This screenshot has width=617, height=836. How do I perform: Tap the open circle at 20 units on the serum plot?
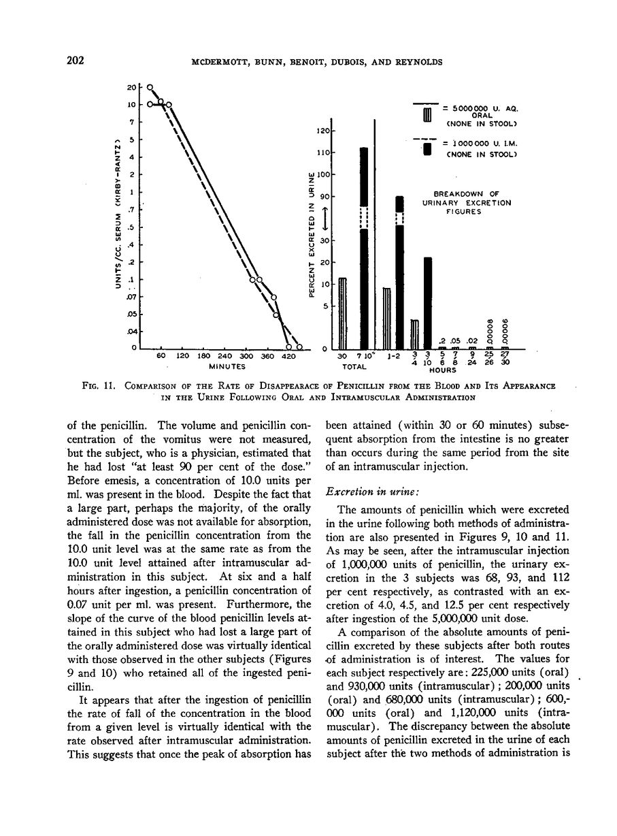[150, 88]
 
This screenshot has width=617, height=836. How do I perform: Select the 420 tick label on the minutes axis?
[289, 356]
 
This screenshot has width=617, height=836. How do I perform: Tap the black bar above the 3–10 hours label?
[428, 302]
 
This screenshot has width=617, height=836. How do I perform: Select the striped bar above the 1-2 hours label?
[387, 317]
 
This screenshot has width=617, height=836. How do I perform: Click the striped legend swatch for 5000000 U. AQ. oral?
[427, 116]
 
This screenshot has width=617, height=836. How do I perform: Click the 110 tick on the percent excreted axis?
[324, 152]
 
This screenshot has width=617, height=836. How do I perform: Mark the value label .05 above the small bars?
[454, 341]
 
